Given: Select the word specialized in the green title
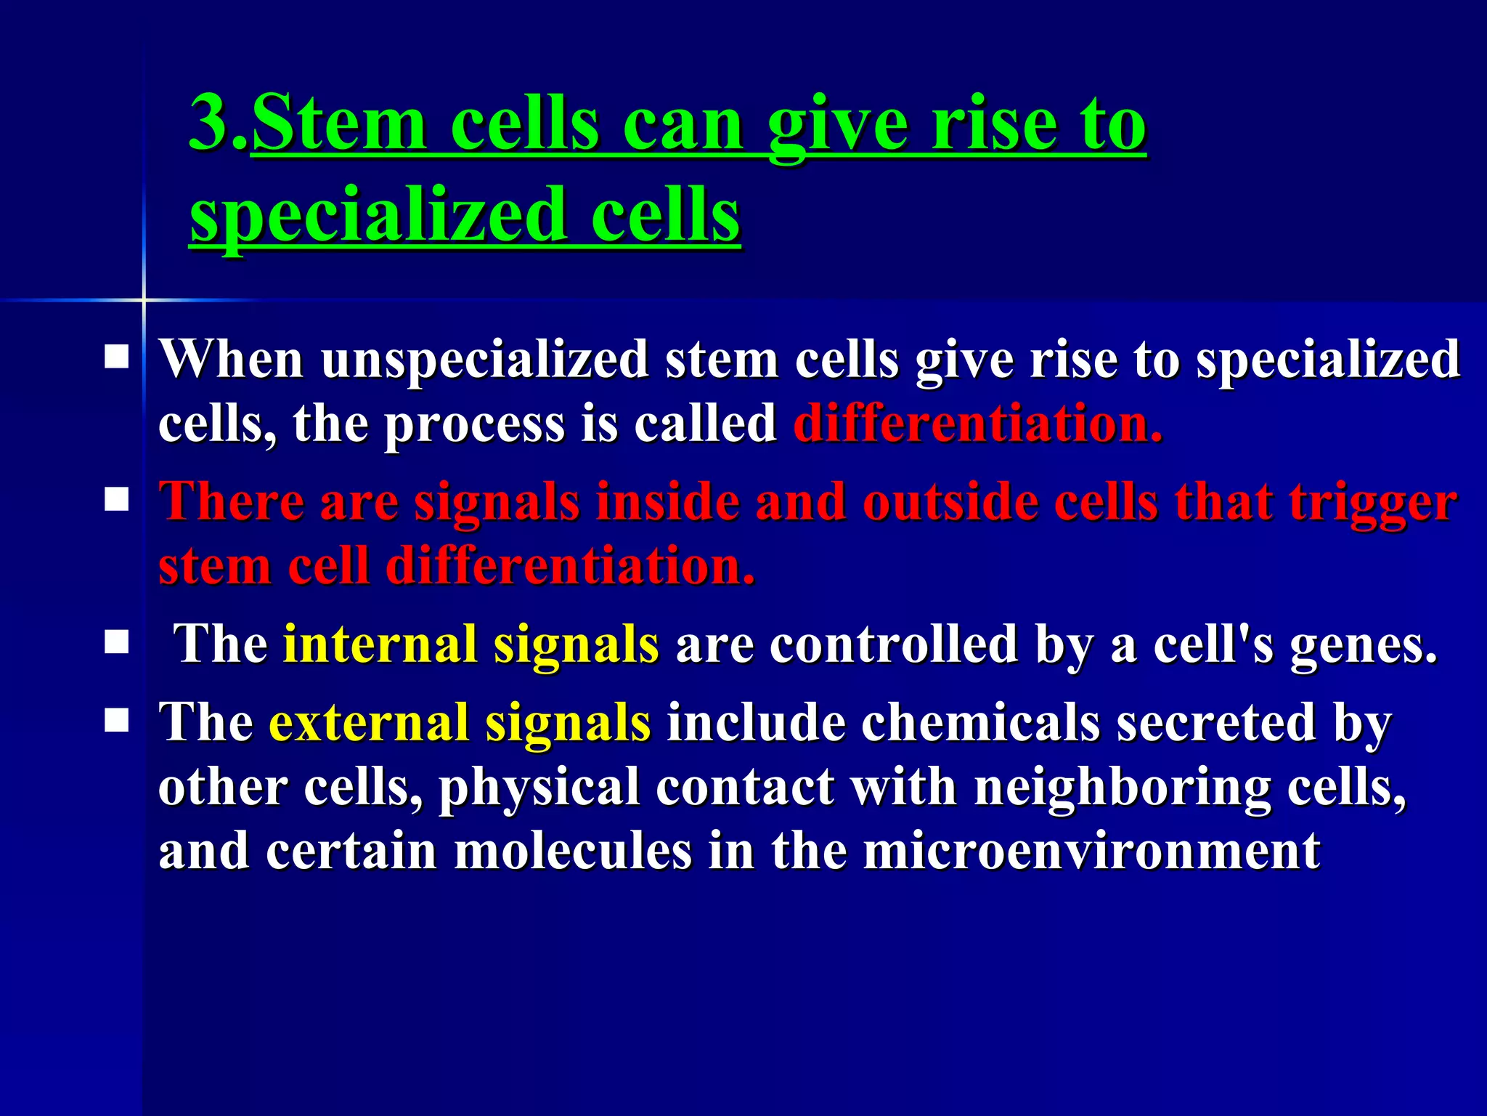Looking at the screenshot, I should (x=378, y=214).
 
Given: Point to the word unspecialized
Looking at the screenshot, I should (x=485, y=360).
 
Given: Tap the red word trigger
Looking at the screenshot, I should (x=1373, y=504).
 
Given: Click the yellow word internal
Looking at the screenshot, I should (x=380, y=644).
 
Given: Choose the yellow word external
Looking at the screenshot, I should (x=369, y=722).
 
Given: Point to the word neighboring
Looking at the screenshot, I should (x=1123, y=788).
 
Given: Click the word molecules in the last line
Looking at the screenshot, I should (x=573, y=850).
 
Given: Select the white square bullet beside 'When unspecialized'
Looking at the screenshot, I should (x=116, y=357).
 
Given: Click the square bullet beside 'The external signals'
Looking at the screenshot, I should (x=116, y=721).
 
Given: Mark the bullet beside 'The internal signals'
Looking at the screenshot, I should (x=116, y=642).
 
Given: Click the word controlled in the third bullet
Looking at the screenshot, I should (x=894, y=644).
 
